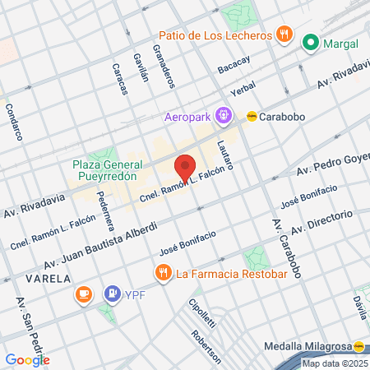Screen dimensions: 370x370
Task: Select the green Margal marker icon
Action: click(x=311, y=43)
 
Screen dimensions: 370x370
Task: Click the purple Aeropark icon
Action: click(x=222, y=116)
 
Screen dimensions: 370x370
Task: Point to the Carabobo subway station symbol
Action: click(x=252, y=116)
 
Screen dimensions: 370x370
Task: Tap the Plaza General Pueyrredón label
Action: click(x=107, y=170)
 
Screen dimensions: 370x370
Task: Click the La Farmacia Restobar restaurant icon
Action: click(x=162, y=272)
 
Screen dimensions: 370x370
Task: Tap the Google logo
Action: click(x=27, y=359)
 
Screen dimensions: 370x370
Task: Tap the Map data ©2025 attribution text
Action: click(x=335, y=363)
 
